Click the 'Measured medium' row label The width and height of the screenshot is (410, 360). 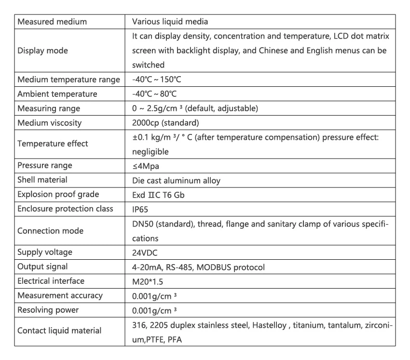point(52,22)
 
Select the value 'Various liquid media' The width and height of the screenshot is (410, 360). point(170,22)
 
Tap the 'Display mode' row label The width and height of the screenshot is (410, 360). point(42,51)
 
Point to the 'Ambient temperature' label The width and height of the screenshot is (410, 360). point(57,94)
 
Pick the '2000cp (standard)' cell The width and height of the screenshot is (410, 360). point(165,123)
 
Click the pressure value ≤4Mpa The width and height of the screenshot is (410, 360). point(146,166)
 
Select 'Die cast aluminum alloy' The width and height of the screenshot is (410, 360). point(176,180)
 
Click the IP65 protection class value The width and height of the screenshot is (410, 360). point(141,209)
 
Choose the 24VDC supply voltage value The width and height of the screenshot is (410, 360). point(145,252)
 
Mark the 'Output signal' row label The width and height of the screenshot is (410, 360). point(42,267)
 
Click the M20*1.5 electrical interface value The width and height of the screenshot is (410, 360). point(148,281)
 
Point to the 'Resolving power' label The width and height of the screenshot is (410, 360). point(48,310)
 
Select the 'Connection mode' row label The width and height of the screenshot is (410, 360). point(50,231)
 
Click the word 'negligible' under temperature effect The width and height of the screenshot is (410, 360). point(150,151)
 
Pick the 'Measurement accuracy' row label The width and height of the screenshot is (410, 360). point(60,295)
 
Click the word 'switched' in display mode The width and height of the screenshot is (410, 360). point(148,65)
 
